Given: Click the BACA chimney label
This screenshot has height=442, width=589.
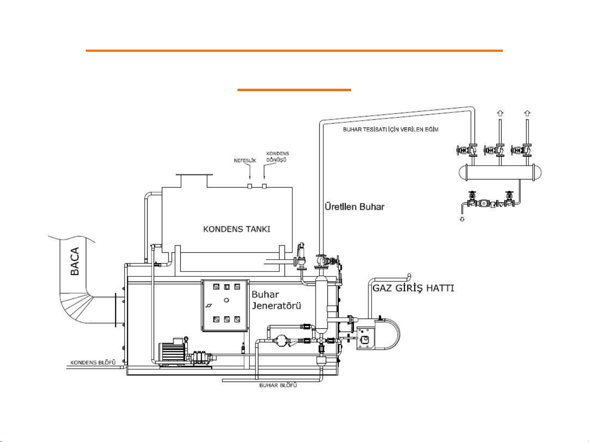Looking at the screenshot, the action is [x=75, y=261].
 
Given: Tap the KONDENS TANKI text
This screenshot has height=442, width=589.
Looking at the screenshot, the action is [x=237, y=229].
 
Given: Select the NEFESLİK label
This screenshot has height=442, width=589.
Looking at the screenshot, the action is [x=245, y=160].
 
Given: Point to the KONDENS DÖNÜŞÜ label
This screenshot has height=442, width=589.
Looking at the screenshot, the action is [x=278, y=157].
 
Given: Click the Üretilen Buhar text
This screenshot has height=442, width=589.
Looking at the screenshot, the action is [x=354, y=206].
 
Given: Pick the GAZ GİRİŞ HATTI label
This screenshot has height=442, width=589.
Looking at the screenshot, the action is [x=413, y=288].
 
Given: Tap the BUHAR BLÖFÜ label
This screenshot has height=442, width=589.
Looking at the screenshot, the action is [x=278, y=385].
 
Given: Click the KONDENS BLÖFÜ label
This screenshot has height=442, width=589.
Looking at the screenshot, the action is [x=93, y=363].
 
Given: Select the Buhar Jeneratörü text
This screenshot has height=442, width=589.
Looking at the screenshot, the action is [x=276, y=300].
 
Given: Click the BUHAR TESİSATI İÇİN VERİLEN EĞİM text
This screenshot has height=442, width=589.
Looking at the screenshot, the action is [x=391, y=129].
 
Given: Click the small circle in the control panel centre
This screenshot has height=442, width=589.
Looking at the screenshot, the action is [x=226, y=300].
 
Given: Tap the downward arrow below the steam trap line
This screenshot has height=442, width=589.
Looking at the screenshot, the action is [x=462, y=219].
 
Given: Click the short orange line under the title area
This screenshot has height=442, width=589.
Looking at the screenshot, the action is [x=294, y=90].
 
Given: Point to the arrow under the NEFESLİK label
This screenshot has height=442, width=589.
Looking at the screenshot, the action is [x=250, y=171].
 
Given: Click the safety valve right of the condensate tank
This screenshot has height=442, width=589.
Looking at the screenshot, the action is [x=301, y=256].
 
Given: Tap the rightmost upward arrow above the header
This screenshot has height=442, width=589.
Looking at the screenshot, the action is [x=527, y=113].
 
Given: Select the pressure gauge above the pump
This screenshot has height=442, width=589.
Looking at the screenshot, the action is [x=186, y=339].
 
